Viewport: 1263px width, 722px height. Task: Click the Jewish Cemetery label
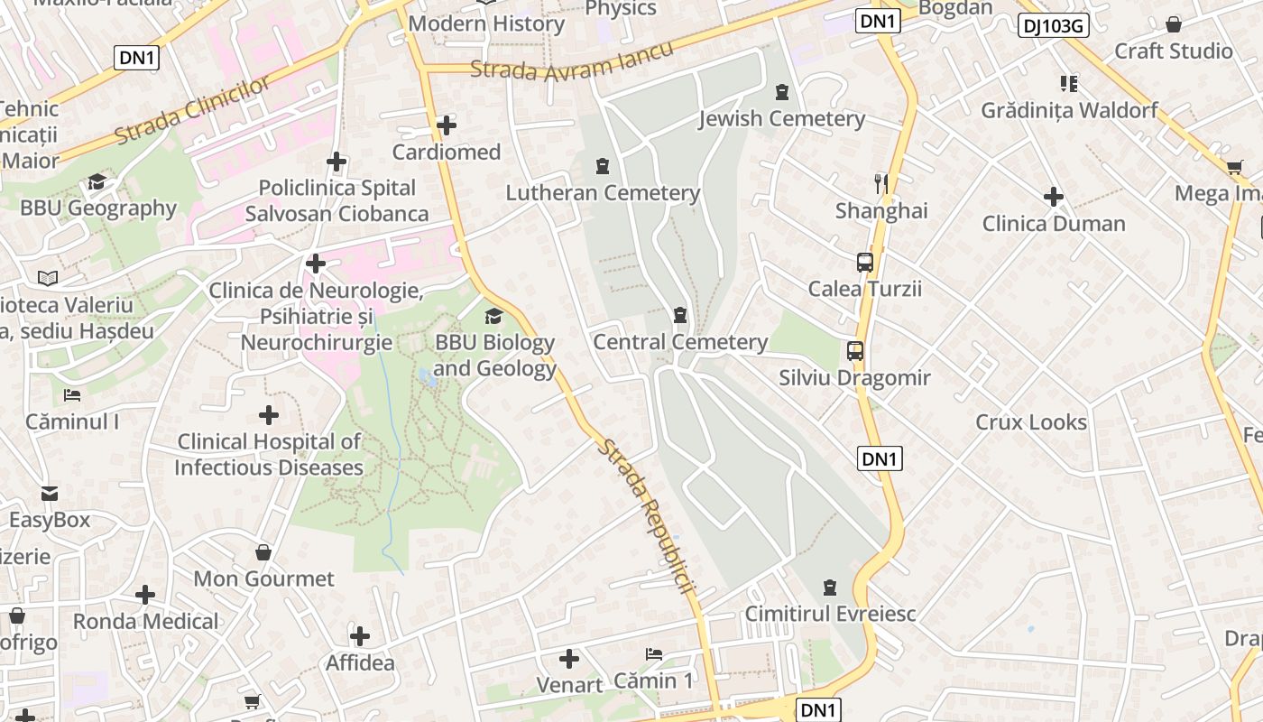coord(781,118)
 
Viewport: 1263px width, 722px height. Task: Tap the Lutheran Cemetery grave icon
coord(602,166)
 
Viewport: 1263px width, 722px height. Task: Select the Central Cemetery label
coord(679,342)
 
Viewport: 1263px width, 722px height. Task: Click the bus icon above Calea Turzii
coord(864,263)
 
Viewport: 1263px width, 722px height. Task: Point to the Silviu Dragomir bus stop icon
coord(854,351)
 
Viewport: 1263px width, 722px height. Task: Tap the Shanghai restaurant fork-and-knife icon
coord(881,184)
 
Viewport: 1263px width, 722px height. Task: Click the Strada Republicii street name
coord(648,515)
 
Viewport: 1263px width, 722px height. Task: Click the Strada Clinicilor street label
coord(192,111)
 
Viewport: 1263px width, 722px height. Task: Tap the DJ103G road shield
coord(1053,25)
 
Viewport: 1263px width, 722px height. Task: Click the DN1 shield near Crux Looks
coord(879,458)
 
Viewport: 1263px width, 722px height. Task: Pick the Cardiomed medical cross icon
coord(446,125)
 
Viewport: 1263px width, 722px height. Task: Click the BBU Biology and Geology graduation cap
coord(493,316)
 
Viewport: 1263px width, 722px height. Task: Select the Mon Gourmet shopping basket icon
coord(263,551)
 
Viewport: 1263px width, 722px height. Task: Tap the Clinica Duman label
coord(1054,223)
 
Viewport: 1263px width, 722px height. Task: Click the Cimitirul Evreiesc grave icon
coord(830,588)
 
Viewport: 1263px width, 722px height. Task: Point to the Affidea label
coord(360,662)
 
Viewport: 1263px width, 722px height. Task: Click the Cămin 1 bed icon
coord(654,653)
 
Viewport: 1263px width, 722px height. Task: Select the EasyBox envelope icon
coord(50,494)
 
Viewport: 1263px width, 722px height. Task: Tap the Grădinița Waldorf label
coord(1069,110)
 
